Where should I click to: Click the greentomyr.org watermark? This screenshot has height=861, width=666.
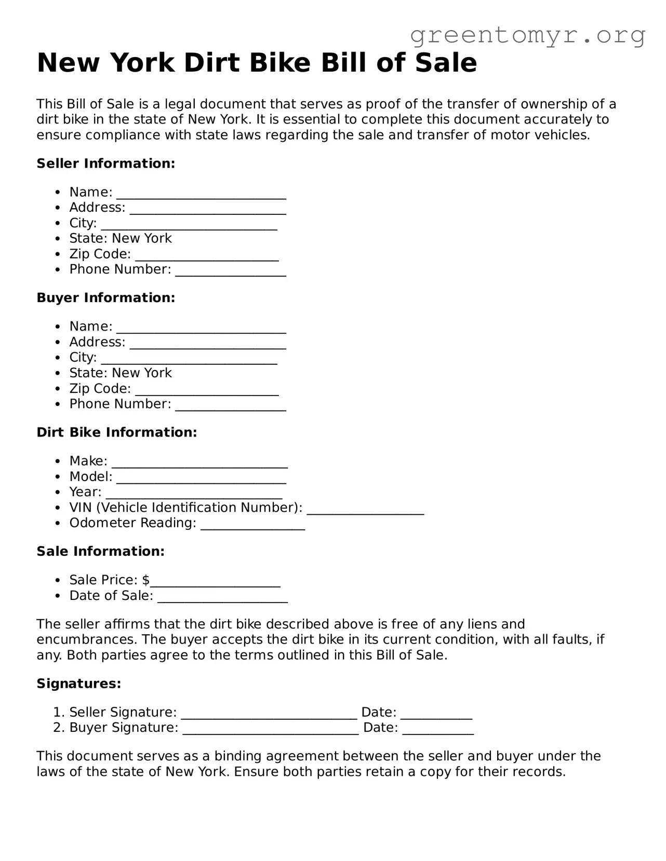pyautogui.click(x=528, y=35)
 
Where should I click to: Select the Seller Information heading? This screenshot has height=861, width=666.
pyautogui.click(x=106, y=163)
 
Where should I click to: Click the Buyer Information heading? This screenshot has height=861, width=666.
pyautogui.click(x=106, y=298)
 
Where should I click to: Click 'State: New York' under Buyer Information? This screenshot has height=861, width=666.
pyautogui.click(x=121, y=373)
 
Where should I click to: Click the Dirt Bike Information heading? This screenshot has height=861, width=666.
pyautogui.click(x=117, y=432)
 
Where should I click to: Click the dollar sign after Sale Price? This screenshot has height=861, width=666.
pyautogui.click(x=146, y=580)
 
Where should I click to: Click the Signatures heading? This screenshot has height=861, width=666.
pyautogui.click(x=79, y=684)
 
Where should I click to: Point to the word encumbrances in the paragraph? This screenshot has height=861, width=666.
pyautogui.click(x=87, y=639)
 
